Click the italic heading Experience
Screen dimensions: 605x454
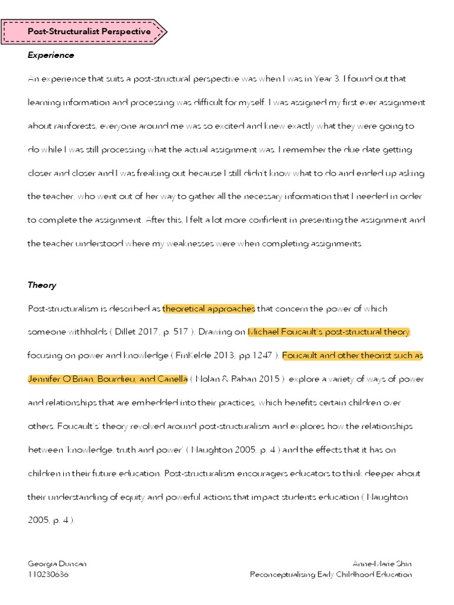tap(51, 55)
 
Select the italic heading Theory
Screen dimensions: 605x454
tap(42, 285)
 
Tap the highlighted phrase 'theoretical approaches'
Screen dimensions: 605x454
tap(209, 308)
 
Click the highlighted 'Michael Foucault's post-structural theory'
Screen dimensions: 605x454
tap(329, 332)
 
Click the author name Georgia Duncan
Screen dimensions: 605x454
tap(57, 564)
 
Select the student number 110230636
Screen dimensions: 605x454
tap(48, 574)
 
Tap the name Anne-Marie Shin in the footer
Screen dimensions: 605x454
tap(382, 564)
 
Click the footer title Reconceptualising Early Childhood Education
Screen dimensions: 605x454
tap(330, 574)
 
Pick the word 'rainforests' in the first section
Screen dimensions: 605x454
tap(73, 126)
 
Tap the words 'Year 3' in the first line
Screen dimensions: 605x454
tap(323, 79)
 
